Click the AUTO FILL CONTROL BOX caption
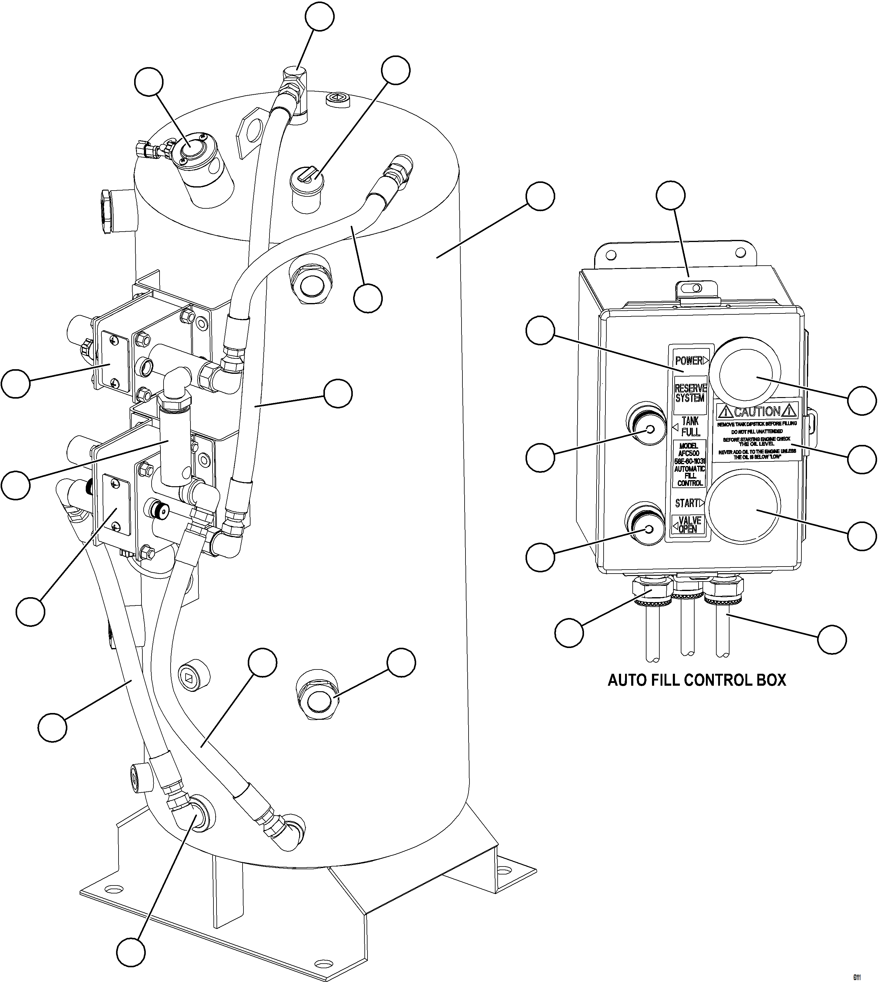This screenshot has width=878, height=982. pyautogui.click(x=697, y=681)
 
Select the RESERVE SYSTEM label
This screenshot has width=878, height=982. pyautogui.click(x=690, y=393)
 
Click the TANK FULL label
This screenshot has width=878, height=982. pyautogui.click(x=690, y=427)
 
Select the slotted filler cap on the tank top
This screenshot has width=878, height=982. pyautogui.click(x=307, y=180)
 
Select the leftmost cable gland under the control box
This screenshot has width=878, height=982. pyautogui.click(x=651, y=591)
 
